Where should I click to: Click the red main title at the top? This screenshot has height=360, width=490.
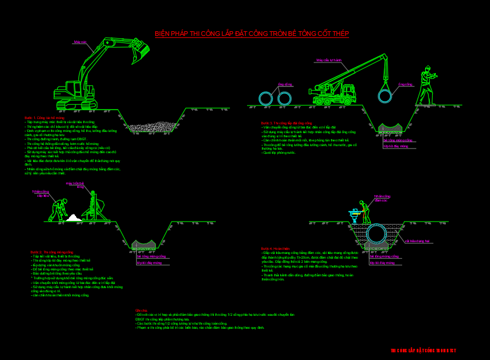click(x=252, y=34)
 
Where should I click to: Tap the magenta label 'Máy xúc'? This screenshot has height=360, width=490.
click(x=80, y=42)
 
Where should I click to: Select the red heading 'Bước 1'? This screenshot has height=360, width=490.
click(x=39, y=118)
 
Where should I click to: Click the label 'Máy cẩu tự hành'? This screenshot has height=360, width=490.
click(x=329, y=60)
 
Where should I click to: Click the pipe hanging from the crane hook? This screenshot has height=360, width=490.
click(x=386, y=95)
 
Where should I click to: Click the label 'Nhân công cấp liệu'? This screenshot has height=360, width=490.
click(x=41, y=193)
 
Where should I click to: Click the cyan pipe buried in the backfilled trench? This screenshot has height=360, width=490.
click(x=375, y=234)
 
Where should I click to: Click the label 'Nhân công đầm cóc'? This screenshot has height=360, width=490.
click(x=380, y=198)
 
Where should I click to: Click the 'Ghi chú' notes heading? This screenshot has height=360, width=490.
click(x=141, y=311)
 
